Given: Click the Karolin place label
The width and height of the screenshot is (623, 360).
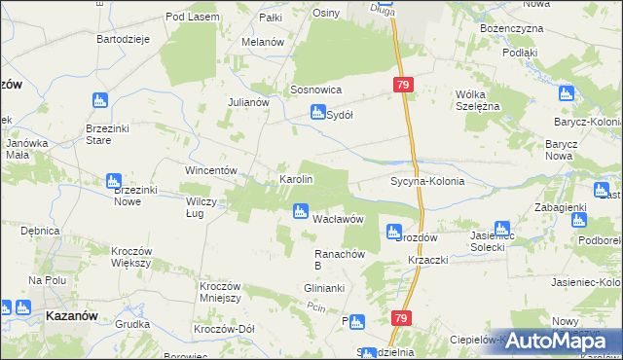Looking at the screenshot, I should [x=296, y=180].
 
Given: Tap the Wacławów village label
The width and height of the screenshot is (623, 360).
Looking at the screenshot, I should [x=338, y=219].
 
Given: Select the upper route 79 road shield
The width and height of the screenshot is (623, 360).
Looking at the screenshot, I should [x=404, y=87].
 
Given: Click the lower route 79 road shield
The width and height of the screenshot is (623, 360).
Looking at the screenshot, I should [x=400, y=318].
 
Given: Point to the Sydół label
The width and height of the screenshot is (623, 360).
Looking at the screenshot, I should [x=339, y=114].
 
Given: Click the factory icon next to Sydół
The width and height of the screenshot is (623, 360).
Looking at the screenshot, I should [x=316, y=113].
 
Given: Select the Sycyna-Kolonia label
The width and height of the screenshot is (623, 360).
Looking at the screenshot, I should [x=426, y=181].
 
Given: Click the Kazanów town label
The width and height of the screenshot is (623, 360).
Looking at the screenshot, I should [x=70, y=315].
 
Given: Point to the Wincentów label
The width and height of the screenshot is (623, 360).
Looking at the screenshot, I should [x=212, y=170].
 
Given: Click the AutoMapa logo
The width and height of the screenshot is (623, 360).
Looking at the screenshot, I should [x=562, y=340].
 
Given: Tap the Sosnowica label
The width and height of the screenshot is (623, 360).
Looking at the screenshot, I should [x=314, y=90].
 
